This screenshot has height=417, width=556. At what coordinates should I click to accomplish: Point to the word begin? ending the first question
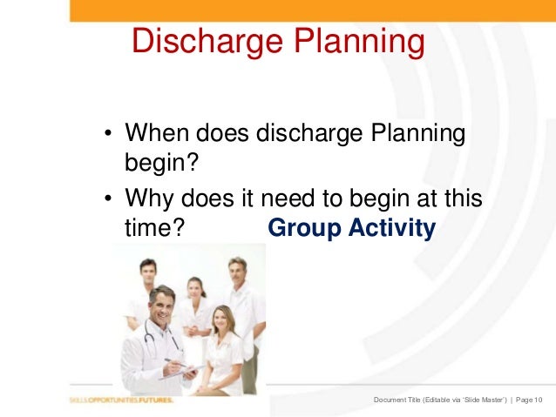click(x=158, y=164)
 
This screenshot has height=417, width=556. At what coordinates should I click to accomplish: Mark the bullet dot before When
click(x=109, y=136)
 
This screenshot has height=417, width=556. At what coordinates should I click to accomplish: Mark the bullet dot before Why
click(x=109, y=198)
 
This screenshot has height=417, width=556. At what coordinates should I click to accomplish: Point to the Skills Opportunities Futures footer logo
click(x=122, y=400)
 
